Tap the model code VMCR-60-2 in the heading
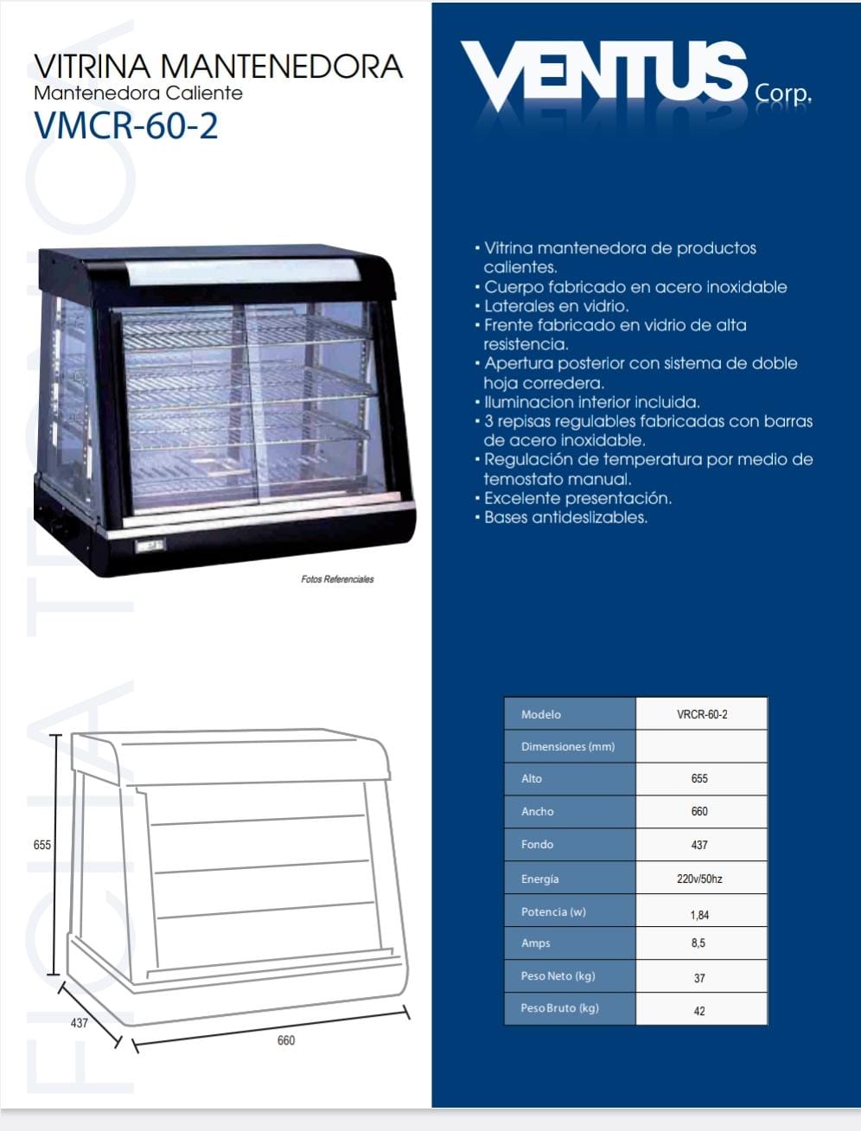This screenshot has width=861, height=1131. pyautogui.click(x=126, y=125)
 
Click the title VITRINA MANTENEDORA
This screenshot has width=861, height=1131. pyautogui.click(x=219, y=67)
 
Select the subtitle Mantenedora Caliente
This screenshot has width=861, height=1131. pyautogui.click(x=138, y=93)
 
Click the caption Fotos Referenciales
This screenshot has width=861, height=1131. pyautogui.click(x=337, y=579)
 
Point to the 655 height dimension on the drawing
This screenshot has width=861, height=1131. pyautogui.click(x=42, y=845)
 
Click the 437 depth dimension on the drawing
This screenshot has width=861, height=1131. pyautogui.click(x=80, y=1023)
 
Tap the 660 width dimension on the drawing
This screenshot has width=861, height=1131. pyautogui.click(x=286, y=1040)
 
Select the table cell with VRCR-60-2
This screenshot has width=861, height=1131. pyautogui.click(x=702, y=714)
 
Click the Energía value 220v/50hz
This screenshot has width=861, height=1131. pyautogui.click(x=699, y=879)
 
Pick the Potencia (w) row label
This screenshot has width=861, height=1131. pyautogui.click(x=553, y=912)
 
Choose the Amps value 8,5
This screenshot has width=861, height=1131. pyautogui.click(x=698, y=942)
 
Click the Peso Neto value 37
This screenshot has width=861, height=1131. pyautogui.click(x=699, y=978)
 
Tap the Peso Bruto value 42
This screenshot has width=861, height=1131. pyautogui.click(x=699, y=1011)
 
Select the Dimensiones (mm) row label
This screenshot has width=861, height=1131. pyautogui.click(x=568, y=746)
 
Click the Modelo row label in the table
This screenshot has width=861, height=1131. pyautogui.click(x=540, y=714)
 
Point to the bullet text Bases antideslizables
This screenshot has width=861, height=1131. pyautogui.click(x=565, y=517)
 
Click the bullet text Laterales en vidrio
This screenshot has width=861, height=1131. pyautogui.click(x=556, y=306)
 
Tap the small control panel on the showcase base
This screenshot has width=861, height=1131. pyautogui.click(x=150, y=545)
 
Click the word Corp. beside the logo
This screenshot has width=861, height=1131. pyautogui.click(x=783, y=93)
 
